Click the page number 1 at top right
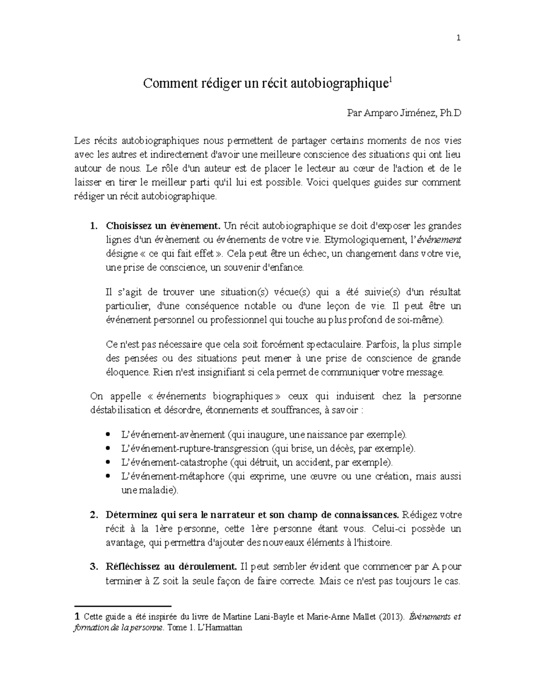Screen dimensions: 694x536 (x=458, y=38)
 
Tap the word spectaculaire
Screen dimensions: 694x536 (x=333, y=345)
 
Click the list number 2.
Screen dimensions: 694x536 (x=93, y=515)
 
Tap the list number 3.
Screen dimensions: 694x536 (x=93, y=567)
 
